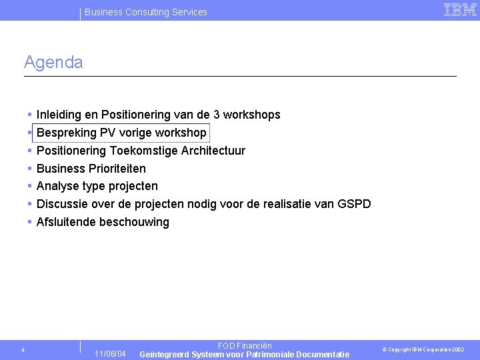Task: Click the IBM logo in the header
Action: [460, 10]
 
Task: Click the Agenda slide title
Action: [53, 63]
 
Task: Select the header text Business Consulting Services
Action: [145, 12]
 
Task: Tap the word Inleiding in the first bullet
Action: [59, 115]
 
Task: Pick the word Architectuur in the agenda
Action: [213, 151]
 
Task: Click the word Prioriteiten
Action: [117, 169]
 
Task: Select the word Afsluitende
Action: [66, 222]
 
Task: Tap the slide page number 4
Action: [23, 350]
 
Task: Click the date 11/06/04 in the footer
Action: [110, 353]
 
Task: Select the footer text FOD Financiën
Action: [245, 346]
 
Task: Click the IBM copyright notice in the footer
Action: [423, 349]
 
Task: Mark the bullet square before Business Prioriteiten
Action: [30, 169]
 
